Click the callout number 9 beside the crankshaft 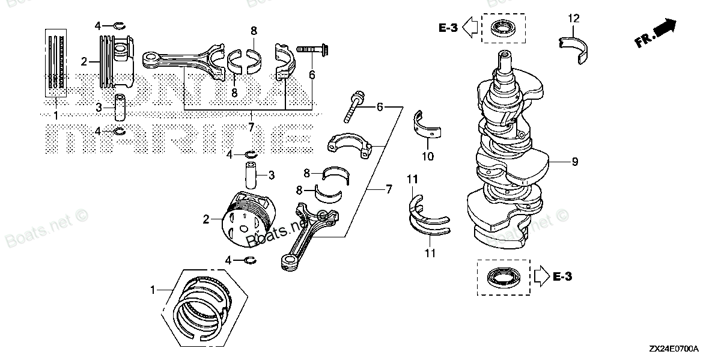(575, 162)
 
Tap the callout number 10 (427, 157)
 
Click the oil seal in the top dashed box (503, 28)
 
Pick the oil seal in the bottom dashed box (503, 278)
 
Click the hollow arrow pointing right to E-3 (541, 276)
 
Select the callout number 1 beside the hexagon (153, 290)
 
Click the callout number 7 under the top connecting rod (251, 127)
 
